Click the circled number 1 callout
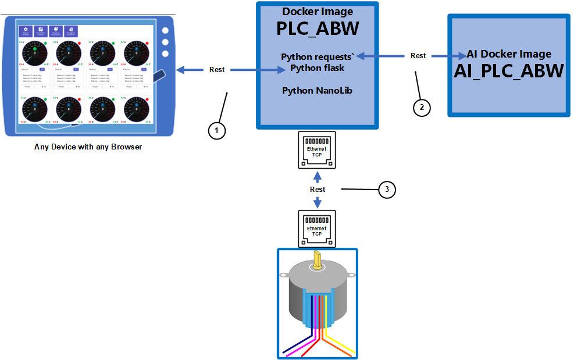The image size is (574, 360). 216,131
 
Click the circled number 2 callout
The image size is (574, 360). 422,108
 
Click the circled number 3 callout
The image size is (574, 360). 387,189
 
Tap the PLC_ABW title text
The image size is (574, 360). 317,28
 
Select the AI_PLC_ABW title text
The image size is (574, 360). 509,70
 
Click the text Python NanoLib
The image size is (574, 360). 317,91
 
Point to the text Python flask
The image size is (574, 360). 318,68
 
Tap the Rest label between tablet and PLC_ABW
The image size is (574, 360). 217,70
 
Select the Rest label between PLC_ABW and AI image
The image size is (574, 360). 418,56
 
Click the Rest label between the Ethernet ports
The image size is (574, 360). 318,190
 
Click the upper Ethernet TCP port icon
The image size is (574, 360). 317,151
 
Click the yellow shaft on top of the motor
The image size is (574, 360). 317,259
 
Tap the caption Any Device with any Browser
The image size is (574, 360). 88,147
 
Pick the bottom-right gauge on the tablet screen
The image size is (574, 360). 136,109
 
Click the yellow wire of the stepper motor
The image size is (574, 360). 340,340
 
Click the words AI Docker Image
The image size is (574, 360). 509,54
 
